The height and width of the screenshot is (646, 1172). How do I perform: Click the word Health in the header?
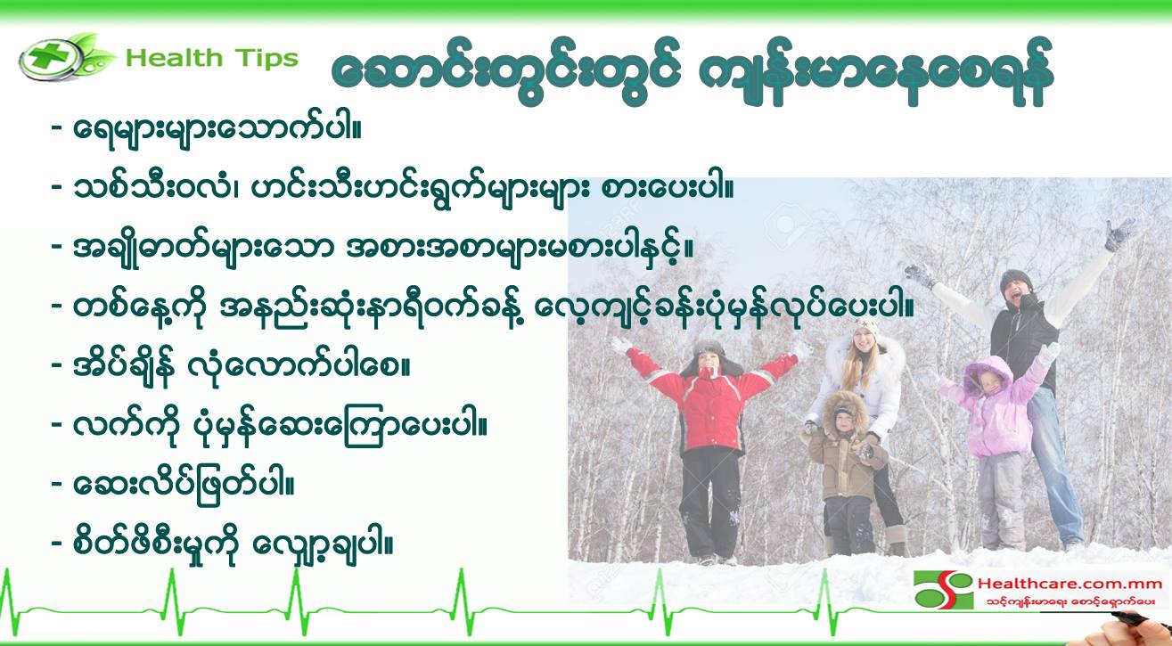[x=174, y=58]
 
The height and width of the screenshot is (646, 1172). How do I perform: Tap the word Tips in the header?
[x=266, y=59]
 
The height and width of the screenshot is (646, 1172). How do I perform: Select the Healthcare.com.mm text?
[x=1070, y=584]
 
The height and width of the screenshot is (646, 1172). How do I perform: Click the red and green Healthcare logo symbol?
[x=943, y=590]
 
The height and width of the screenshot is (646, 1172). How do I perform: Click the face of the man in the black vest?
[x=1017, y=294]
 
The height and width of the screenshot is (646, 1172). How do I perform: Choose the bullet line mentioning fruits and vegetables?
[x=392, y=190]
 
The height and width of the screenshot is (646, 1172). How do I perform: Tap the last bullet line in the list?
[x=222, y=545]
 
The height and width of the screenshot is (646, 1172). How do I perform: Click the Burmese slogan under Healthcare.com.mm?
[x=1070, y=602]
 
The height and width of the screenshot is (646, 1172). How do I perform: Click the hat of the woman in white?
[x=864, y=327]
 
